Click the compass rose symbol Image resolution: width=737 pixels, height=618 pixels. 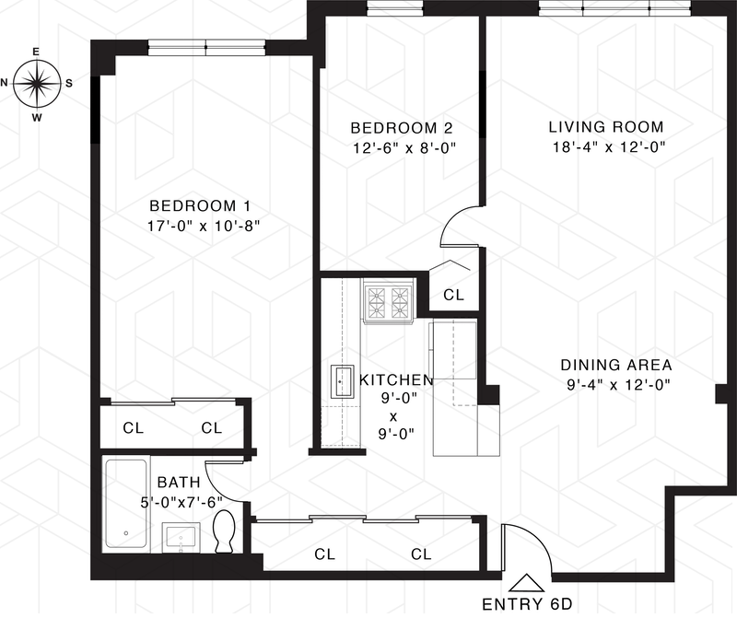click(37, 84)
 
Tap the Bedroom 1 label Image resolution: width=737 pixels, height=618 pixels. click(200, 205)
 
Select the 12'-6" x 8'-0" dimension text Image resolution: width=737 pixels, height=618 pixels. click(404, 148)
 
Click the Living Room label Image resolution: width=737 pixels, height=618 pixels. click(606, 127)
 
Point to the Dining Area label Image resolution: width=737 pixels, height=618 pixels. click(616, 365)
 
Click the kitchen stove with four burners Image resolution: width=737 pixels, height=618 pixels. click(388, 300)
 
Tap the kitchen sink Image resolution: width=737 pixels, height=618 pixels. click(342, 381)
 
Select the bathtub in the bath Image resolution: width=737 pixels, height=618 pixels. click(126, 504)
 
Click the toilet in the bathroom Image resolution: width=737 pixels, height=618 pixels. click(224, 531)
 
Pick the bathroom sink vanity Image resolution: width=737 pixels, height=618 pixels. click(181, 538)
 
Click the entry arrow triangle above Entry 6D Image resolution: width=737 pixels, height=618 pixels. click(526, 583)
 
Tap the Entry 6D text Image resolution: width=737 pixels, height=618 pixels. click(527, 604)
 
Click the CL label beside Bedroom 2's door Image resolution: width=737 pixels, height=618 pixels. click(453, 295)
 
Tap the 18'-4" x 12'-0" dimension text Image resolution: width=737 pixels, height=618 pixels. click(609, 147)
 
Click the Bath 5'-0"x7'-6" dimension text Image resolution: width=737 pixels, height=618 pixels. click(181, 502)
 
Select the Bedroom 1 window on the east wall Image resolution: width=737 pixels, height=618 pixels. click(206, 47)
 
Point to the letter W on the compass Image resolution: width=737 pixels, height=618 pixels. click(37, 118)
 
